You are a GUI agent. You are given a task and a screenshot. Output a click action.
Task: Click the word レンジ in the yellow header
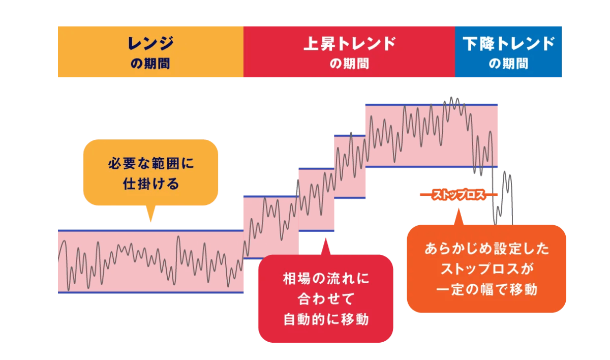click(x=150, y=44)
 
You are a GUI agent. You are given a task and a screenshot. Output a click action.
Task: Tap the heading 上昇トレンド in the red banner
click(x=349, y=44)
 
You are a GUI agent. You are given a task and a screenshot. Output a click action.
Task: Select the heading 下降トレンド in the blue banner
click(x=508, y=44)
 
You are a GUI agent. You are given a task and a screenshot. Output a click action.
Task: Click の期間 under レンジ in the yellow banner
click(x=150, y=64)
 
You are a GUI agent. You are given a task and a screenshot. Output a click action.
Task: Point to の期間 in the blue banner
click(x=508, y=64)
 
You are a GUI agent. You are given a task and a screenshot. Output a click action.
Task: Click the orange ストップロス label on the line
click(x=459, y=195)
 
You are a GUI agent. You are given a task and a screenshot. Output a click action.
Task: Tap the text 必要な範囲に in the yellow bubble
click(x=151, y=164)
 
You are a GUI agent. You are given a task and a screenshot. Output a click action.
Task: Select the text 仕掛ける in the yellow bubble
click(x=151, y=184)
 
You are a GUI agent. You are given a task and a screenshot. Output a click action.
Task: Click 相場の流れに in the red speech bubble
click(x=326, y=279)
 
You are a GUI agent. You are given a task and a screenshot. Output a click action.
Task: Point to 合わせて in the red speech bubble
click(x=326, y=299)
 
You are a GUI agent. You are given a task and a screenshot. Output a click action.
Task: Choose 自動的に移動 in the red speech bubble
click(x=326, y=319)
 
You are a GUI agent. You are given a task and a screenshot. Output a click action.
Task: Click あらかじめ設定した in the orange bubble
click(x=486, y=249)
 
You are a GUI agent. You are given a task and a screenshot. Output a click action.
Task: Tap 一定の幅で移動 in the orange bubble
click(x=486, y=289)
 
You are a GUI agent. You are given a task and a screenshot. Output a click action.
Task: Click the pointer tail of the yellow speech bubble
click(x=150, y=221)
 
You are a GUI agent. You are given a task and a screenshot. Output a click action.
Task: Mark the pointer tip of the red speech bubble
click(x=325, y=238)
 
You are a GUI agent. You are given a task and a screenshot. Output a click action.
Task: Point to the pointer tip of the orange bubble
click(x=459, y=208)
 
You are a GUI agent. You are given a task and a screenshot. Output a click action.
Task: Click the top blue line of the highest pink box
click(x=432, y=105)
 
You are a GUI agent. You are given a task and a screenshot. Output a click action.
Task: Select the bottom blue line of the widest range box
click(x=150, y=292)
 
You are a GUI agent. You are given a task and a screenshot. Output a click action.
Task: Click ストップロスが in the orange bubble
click(x=486, y=269)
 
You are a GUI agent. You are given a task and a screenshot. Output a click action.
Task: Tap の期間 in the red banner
click(x=349, y=64)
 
